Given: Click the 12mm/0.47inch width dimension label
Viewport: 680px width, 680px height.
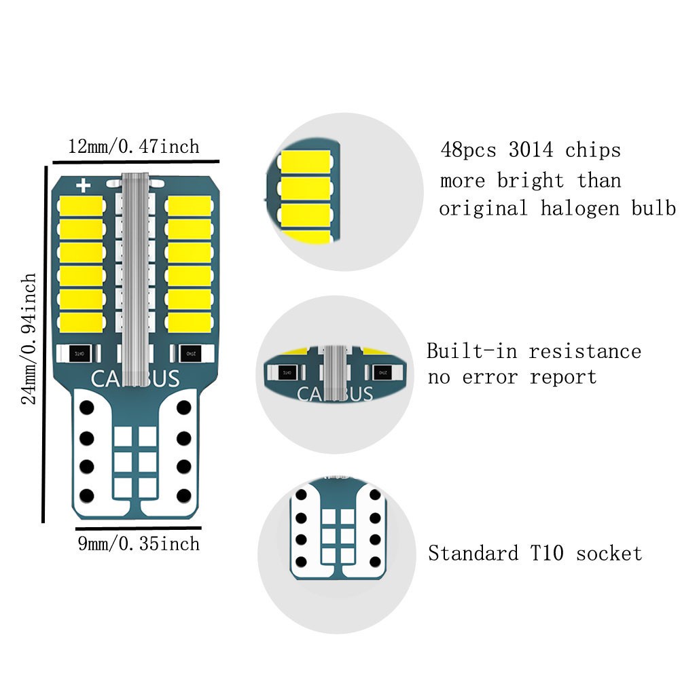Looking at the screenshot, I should tap(134, 146).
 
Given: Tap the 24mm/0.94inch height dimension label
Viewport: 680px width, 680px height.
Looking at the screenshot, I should tap(29, 338).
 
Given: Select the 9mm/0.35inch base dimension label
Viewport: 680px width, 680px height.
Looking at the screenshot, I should tap(138, 543).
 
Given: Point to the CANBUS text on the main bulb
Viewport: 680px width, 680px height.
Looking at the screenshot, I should tap(135, 378).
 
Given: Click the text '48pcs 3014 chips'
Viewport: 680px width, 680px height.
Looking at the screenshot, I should tap(531, 149).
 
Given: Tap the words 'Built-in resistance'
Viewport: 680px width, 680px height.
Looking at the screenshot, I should tap(534, 351).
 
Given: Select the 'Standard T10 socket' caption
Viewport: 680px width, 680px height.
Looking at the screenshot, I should tap(535, 553).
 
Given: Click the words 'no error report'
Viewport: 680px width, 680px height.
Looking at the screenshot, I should tap(512, 377).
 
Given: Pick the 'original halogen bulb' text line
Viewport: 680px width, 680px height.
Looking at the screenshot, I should tap(557, 208).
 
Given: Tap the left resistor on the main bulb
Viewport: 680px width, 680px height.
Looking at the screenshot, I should tap(80, 353).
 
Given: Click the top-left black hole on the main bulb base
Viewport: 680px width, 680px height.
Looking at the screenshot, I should tap(86, 408).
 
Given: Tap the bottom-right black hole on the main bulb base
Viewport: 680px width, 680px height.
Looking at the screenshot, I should tap(183, 494).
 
